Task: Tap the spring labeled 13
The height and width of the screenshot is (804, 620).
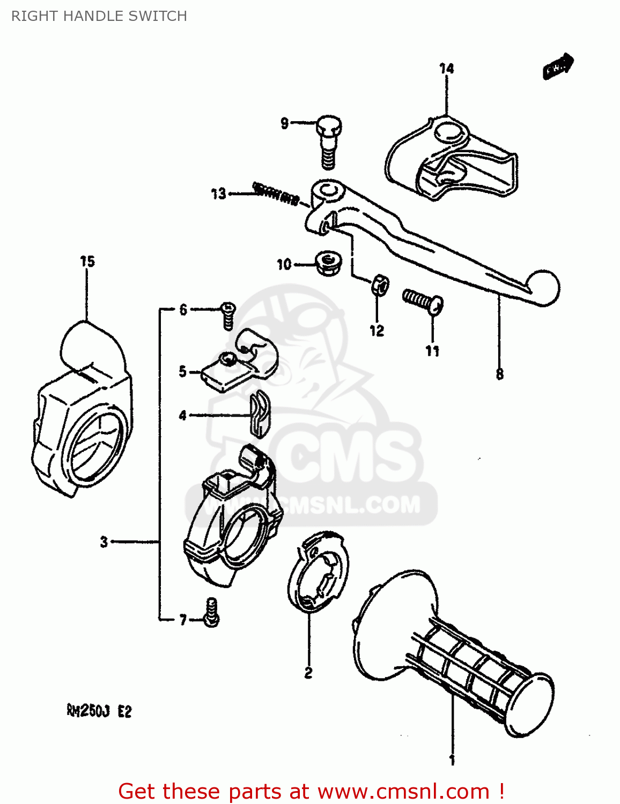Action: (275, 193)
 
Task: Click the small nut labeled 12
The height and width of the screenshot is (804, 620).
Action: (380, 285)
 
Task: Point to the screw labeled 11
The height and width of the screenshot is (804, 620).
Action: (423, 300)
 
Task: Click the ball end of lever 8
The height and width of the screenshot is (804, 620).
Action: (542, 288)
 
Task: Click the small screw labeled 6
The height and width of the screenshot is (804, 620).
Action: (228, 315)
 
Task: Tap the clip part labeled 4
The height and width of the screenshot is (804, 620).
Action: (260, 415)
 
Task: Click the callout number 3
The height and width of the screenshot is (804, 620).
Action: (104, 542)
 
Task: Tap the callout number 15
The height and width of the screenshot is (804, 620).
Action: (87, 262)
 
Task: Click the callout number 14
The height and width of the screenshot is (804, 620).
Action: (446, 69)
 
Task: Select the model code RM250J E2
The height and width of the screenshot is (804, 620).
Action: (99, 711)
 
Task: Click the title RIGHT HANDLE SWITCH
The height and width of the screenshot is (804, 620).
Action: (99, 16)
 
